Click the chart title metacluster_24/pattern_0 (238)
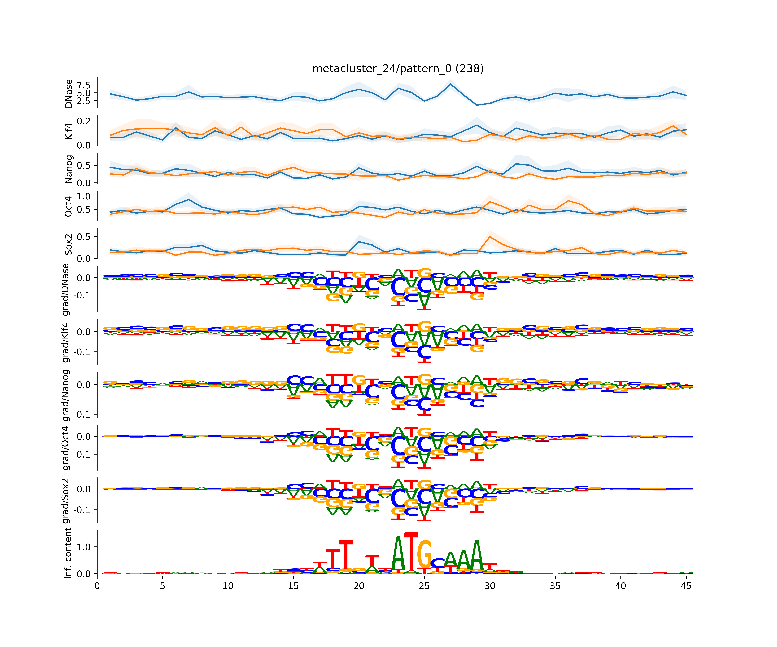pos(398,69)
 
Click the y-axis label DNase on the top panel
pos(68,93)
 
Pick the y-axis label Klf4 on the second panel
pos(68,132)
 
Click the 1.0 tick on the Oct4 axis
pos(84,196)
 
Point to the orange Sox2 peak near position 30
pos(490,237)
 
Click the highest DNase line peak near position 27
pos(450,84)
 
